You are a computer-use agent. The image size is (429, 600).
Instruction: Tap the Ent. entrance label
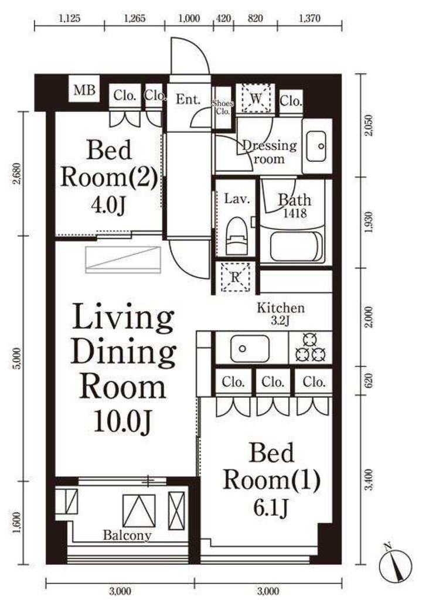188,100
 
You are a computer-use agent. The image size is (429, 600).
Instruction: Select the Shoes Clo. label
223,108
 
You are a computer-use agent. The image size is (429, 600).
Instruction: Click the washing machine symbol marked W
256,98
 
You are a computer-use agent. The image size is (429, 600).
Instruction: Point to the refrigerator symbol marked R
235,277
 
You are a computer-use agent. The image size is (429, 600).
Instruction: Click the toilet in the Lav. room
237,236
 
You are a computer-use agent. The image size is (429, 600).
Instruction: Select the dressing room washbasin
316,146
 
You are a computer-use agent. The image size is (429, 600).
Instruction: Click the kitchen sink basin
249,348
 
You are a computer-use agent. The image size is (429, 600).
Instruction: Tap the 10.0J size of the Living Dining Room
123,421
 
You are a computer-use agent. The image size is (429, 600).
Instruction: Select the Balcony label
127,535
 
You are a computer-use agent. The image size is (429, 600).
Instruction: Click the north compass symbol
396,565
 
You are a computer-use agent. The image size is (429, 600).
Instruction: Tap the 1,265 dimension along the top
135,18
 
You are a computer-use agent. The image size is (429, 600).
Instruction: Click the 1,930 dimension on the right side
369,222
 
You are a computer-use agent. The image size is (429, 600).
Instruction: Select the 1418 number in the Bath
295,213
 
